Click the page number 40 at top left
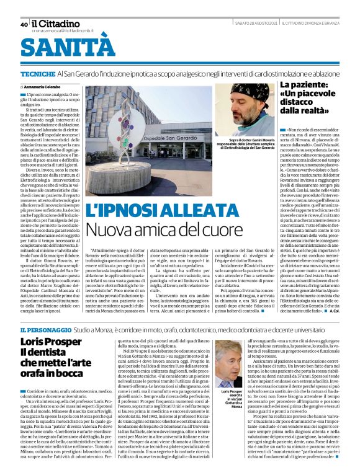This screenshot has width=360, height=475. [x=24, y=24]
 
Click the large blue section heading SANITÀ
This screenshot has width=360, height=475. [x=68, y=48]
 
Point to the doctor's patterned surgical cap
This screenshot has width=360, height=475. [x=250, y=94]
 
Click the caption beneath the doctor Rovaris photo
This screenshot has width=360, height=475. [x=248, y=144]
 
